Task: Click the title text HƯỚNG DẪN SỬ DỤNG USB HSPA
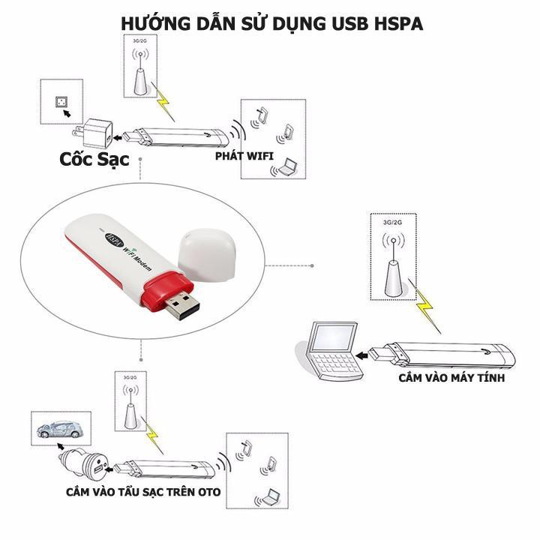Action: coord(271,23)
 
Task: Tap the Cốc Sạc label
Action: coord(95,159)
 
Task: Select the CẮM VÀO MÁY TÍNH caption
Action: coord(451,378)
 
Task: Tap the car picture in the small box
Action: coord(60,428)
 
